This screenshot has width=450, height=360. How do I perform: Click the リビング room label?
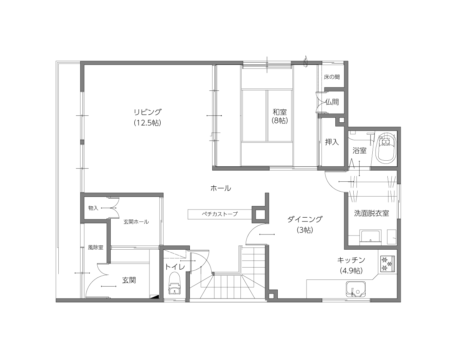[148, 112]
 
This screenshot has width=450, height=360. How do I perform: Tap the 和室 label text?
[279, 112]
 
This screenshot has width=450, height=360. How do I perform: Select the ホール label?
[221, 188]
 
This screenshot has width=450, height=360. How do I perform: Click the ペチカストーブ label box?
[220, 214]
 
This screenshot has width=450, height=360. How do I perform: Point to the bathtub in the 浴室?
[386, 149]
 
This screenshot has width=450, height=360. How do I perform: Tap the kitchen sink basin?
[356, 289]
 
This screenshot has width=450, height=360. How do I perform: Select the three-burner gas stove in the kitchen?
[387, 264]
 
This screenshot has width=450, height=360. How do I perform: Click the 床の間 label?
[332, 77]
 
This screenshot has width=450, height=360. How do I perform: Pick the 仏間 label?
[332, 102]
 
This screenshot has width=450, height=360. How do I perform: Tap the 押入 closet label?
[332, 142]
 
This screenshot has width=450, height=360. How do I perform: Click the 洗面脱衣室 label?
[372, 213]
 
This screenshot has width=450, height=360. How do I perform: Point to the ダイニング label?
[305, 219]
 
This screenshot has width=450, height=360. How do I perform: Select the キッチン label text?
[351, 260]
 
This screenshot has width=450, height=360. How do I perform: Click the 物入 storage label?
[93, 208]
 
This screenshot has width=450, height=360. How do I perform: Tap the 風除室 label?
[96, 247]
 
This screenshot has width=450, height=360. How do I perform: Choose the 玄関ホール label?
[136, 222]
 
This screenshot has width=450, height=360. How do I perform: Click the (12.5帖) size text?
[148, 123]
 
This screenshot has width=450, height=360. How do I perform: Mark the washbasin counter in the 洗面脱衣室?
[370, 238]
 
